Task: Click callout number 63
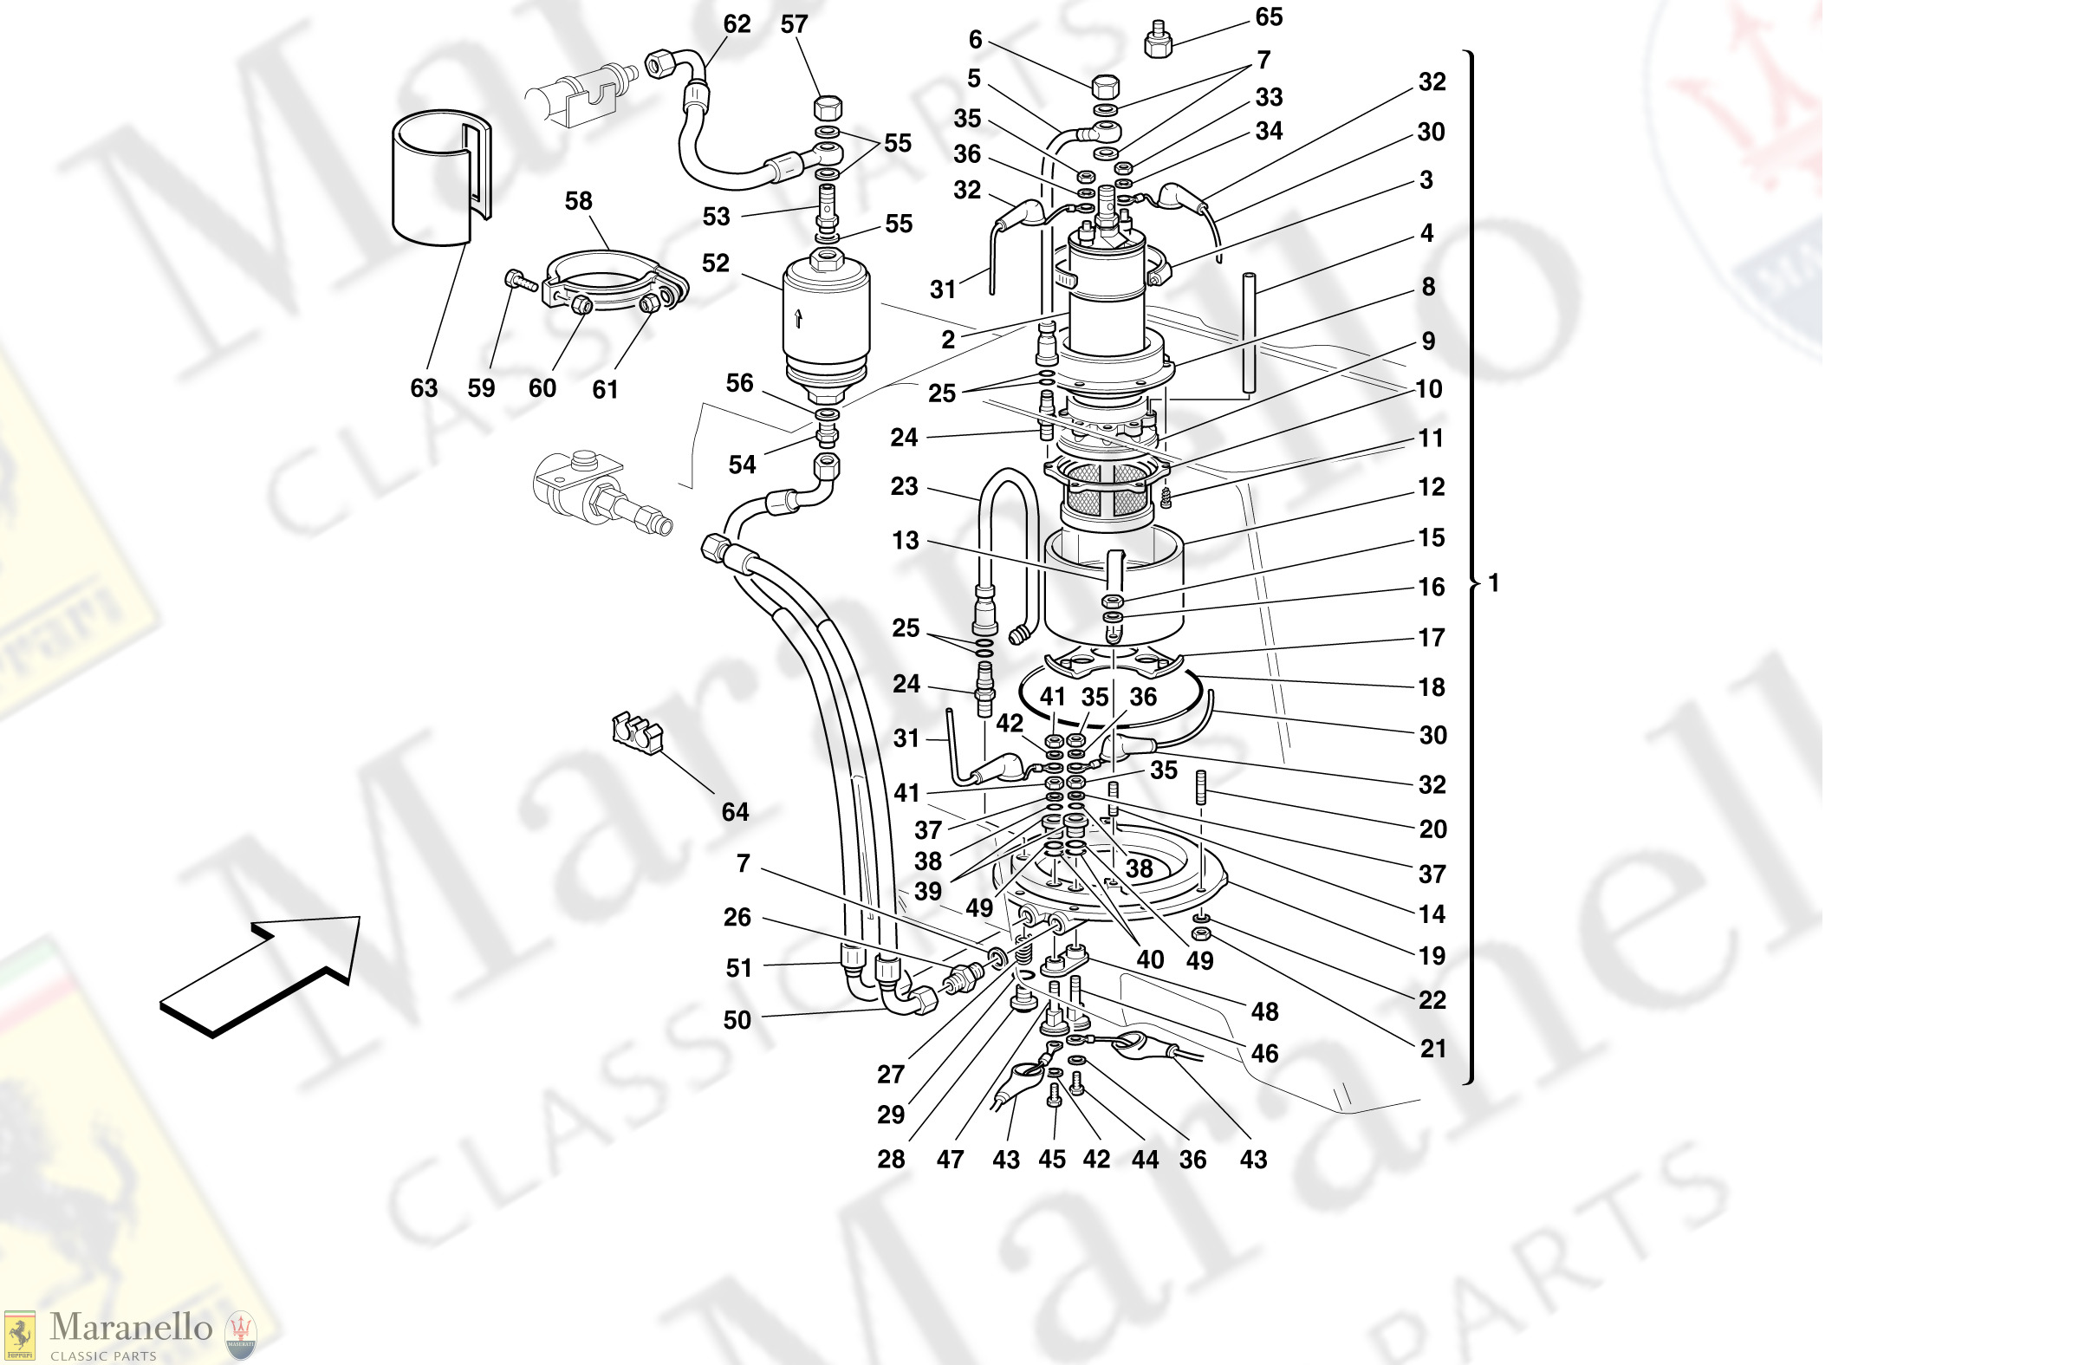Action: [424, 388]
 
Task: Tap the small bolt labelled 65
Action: [1158, 39]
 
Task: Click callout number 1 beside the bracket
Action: [1494, 582]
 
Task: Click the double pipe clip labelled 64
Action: [637, 732]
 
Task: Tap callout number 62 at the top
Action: [737, 24]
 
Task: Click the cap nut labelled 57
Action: [828, 108]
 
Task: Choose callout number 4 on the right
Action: [1427, 233]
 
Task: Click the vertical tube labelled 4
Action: [1250, 333]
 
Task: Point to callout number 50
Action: [737, 1020]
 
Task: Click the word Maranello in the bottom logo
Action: [131, 1327]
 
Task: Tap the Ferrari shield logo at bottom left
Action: [19, 1336]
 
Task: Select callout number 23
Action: [904, 486]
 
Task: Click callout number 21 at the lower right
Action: [1432, 1048]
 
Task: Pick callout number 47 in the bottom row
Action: [950, 1160]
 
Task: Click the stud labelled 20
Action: [1201, 786]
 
